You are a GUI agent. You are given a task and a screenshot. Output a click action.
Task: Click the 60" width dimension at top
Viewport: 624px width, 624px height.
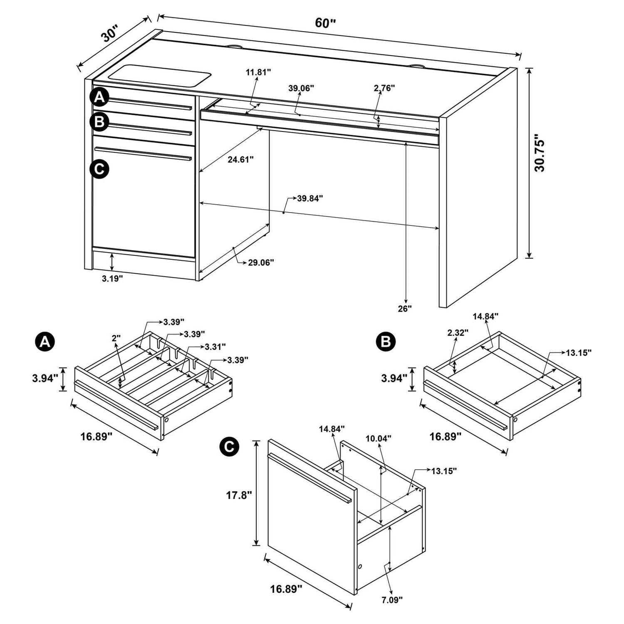tap(325, 23)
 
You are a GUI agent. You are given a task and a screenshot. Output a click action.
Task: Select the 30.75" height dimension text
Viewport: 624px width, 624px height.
tap(540, 153)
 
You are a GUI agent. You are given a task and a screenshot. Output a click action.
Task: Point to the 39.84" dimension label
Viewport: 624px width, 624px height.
tap(310, 198)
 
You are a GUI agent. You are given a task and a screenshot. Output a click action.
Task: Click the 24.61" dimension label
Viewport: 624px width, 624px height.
tap(240, 159)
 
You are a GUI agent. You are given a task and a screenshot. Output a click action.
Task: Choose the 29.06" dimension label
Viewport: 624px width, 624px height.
tap(261, 262)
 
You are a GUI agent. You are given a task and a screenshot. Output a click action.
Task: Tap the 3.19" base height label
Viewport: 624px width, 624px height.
tap(112, 279)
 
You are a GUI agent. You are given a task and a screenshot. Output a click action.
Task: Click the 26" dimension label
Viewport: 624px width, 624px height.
tap(405, 308)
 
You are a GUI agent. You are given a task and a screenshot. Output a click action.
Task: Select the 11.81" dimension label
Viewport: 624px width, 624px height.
tap(258, 72)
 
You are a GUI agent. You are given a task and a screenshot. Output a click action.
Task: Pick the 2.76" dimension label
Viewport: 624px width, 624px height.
tap(384, 88)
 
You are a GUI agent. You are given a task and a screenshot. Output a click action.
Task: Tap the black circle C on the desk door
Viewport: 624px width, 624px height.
tap(99, 169)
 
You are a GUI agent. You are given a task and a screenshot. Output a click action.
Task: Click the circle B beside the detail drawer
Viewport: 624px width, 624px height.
tap(386, 342)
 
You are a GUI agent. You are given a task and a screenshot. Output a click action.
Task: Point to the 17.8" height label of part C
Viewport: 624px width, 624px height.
tap(239, 495)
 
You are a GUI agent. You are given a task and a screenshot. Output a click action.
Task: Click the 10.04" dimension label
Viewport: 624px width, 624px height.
tap(378, 438)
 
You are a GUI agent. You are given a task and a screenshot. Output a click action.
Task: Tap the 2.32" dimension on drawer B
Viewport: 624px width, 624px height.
tap(458, 332)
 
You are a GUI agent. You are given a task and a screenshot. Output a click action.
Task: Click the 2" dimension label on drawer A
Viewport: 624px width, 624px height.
tap(116, 338)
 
